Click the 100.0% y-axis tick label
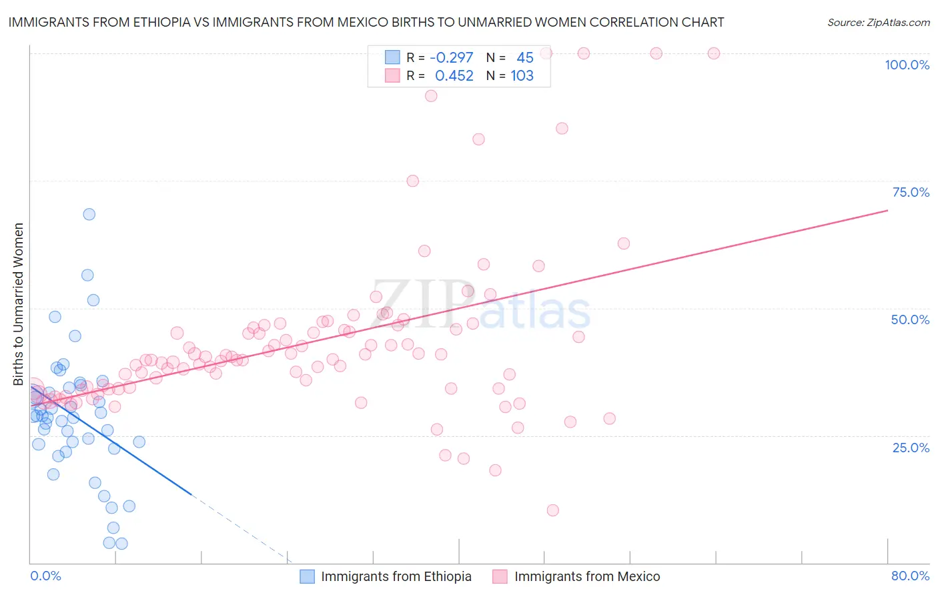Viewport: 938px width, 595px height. click(x=907, y=65)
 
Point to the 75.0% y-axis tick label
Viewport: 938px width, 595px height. click(x=911, y=192)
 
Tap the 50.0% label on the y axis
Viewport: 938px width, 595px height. click(x=910, y=320)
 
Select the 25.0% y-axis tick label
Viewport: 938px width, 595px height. click(x=911, y=448)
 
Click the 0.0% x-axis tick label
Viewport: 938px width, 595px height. click(x=45, y=576)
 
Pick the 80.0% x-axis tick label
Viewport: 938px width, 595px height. click(x=910, y=576)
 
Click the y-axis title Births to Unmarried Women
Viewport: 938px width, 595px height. click(x=19, y=304)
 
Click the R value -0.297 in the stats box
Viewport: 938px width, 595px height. click(x=451, y=58)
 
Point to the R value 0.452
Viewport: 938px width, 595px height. click(x=454, y=76)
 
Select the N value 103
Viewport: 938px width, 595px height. click(x=522, y=76)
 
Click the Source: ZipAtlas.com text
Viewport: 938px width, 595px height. click(x=878, y=23)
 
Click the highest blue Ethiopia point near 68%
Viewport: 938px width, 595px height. click(x=89, y=214)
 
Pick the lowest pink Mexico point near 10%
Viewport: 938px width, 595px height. click(x=552, y=510)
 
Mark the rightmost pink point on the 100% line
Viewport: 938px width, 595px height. click(x=714, y=53)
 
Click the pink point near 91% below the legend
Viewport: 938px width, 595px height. click(x=431, y=96)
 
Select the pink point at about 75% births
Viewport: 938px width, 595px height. click(x=412, y=181)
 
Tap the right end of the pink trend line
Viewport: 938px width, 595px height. click(x=887, y=210)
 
